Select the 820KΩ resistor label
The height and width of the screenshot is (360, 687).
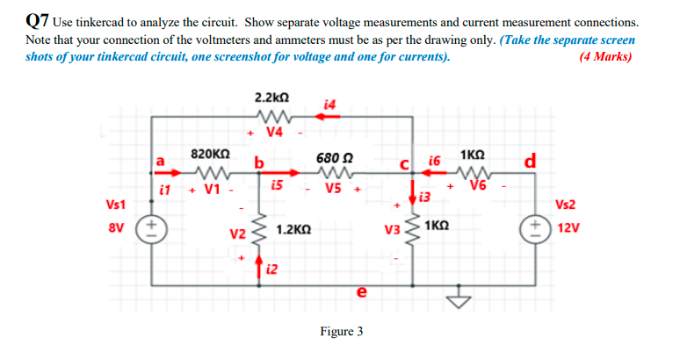point(210,154)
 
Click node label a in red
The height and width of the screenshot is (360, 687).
point(160,161)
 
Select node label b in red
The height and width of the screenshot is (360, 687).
point(259,162)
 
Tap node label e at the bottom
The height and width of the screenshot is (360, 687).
point(361,294)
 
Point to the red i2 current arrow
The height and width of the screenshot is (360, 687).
point(260,261)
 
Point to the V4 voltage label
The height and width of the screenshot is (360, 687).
point(274,133)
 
